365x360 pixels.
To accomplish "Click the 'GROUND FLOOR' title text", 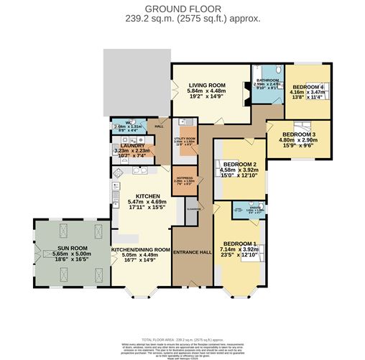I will click(x=182, y=8).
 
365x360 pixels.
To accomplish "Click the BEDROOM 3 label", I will click(x=299, y=134).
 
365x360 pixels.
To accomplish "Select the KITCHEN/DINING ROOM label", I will click(x=139, y=251).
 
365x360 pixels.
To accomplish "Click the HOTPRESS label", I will click(x=185, y=180).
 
